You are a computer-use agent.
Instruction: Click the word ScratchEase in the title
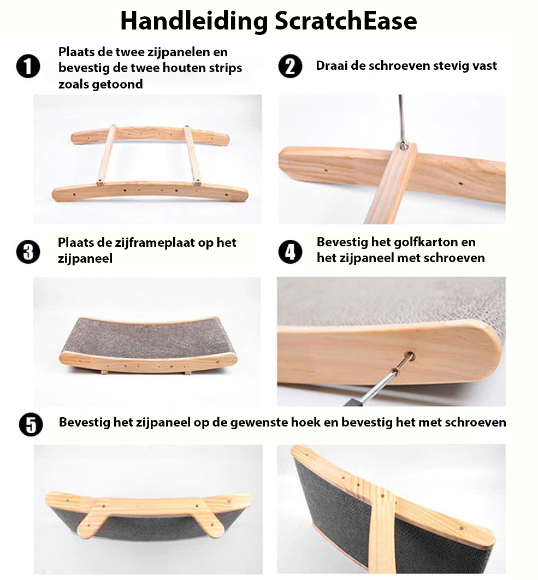point(346,21)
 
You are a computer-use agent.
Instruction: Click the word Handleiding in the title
point(194,21)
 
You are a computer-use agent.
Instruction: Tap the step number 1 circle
point(28,67)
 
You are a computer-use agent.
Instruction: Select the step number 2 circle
point(291,66)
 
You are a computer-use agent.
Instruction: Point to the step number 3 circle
point(28,252)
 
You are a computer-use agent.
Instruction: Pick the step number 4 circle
point(291,252)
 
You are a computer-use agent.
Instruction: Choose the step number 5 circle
point(31,424)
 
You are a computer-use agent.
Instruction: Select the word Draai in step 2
point(332,66)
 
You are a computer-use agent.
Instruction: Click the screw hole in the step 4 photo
point(409,357)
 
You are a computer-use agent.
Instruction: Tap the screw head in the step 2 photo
point(403,145)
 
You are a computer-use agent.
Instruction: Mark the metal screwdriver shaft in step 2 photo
point(401,118)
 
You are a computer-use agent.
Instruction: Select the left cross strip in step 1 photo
point(107,154)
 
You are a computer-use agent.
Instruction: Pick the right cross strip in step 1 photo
point(192,154)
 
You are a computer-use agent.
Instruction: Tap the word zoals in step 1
point(73,84)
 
